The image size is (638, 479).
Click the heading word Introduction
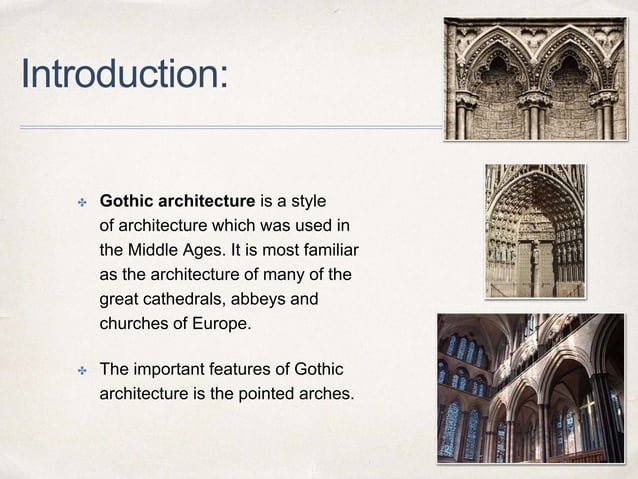(x=123, y=74)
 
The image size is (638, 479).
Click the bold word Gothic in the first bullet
(x=127, y=194)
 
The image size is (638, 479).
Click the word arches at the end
(x=326, y=394)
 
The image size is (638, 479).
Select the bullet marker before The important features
(x=84, y=369)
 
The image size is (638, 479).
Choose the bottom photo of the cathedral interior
(x=530, y=387)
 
